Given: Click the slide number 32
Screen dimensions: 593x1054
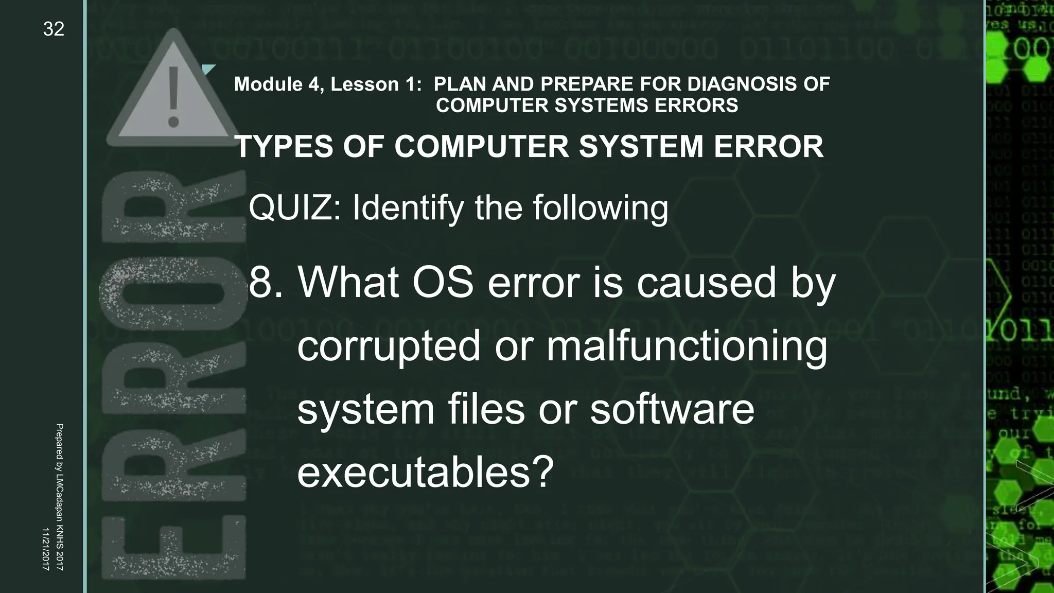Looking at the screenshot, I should (x=54, y=29).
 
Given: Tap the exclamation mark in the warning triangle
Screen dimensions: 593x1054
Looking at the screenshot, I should (x=173, y=96).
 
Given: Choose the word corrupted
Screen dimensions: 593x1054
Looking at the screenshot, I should (x=389, y=346).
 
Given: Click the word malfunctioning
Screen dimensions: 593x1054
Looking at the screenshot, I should (x=687, y=346).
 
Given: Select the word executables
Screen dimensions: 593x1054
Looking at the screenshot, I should (x=413, y=473).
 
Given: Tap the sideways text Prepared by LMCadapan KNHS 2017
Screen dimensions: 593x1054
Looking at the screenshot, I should (x=59, y=497).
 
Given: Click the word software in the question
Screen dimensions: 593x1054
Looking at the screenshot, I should (x=672, y=409).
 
